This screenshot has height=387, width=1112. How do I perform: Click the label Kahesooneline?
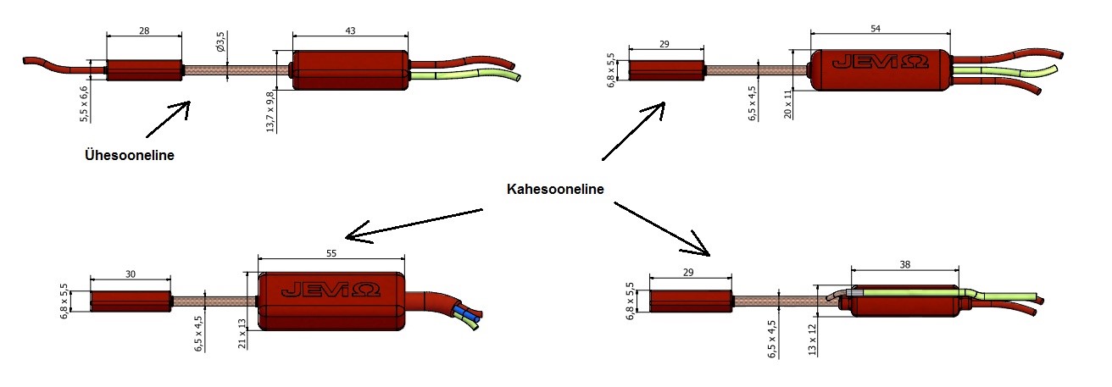tap(554, 189)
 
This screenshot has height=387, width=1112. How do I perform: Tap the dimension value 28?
tap(144, 30)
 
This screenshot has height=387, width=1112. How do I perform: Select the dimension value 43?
tap(350, 30)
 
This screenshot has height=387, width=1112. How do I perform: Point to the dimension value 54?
tap(880, 29)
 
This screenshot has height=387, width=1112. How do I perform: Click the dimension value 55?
tap(331, 252)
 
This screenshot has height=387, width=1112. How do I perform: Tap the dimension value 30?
tap(130, 274)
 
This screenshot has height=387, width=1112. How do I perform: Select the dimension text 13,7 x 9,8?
tap(270, 109)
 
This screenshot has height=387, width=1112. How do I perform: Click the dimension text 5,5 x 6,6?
tap(85, 103)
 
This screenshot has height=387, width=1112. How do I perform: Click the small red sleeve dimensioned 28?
tap(144, 69)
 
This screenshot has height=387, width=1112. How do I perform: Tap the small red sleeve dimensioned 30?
tap(130, 301)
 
